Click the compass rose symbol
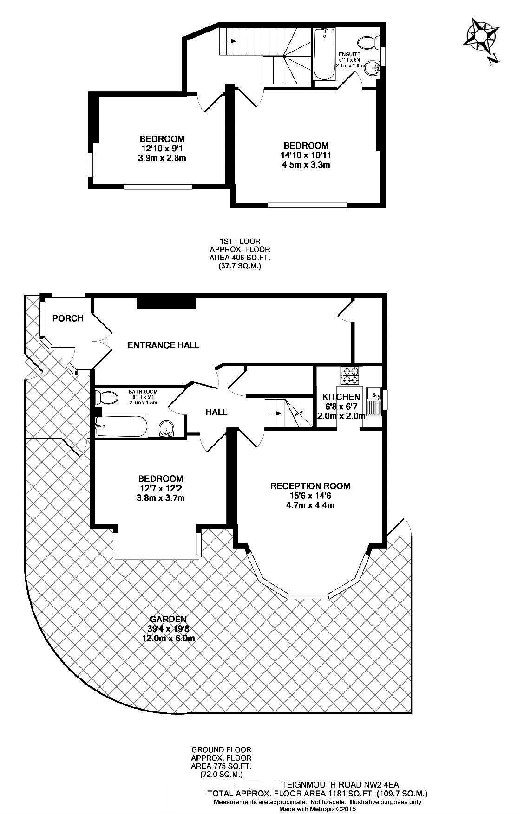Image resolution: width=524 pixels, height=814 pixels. pos(481,36)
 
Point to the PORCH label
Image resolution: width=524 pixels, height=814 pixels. pos(68,318)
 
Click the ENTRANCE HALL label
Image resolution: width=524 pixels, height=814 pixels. pos(164,345)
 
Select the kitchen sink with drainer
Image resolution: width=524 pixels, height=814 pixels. pos(373,401)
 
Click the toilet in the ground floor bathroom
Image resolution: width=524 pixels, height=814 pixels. pos(106,397)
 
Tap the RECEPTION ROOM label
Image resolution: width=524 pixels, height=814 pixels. pos(310,486)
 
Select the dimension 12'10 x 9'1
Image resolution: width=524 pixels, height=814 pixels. pos(162,149)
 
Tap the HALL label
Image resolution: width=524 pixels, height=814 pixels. pos(217,412)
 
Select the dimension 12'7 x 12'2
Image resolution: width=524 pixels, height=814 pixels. pos(161,488)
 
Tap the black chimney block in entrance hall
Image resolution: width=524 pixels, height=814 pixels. pos(167,302)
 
